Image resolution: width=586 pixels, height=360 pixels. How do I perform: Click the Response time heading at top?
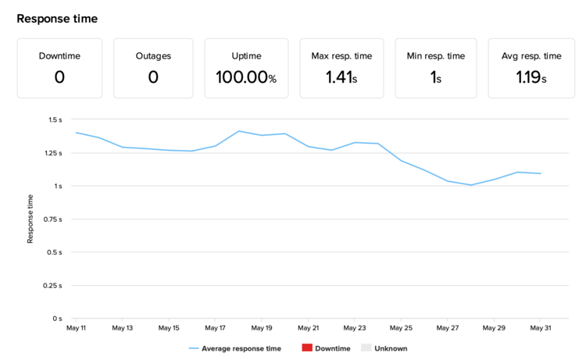(x=57, y=18)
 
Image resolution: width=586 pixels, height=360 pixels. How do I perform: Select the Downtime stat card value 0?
(x=59, y=77)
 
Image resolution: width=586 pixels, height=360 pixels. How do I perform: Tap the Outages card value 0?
(x=153, y=77)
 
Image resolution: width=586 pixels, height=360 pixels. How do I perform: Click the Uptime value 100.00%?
(x=246, y=77)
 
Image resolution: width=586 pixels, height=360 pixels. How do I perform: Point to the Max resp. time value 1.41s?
(x=341, y=77)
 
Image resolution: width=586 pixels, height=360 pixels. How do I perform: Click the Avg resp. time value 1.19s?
(x=531, y=77)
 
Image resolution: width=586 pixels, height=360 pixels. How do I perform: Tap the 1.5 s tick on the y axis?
(x=55, y=120)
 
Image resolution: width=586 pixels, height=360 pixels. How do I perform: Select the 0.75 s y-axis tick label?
(x=52, y=219)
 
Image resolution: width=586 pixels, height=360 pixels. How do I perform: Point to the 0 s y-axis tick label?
(x=57, y=319)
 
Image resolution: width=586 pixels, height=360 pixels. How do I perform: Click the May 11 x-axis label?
(x=77, y=329)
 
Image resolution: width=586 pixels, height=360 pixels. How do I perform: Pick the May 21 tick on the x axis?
(x=309, y=329)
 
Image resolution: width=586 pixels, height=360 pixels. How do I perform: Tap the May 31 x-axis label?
(x=541, y=329)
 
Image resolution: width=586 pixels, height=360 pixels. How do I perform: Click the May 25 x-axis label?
(x=402, y=329)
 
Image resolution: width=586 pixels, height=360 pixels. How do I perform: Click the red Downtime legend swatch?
(x=307, y=348)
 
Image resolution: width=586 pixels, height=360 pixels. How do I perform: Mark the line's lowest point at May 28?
(x=471, y=185)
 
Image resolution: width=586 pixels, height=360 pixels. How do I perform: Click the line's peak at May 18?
(x=239, y=131)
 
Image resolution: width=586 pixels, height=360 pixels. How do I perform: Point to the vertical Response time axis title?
(x=30, y=219)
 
